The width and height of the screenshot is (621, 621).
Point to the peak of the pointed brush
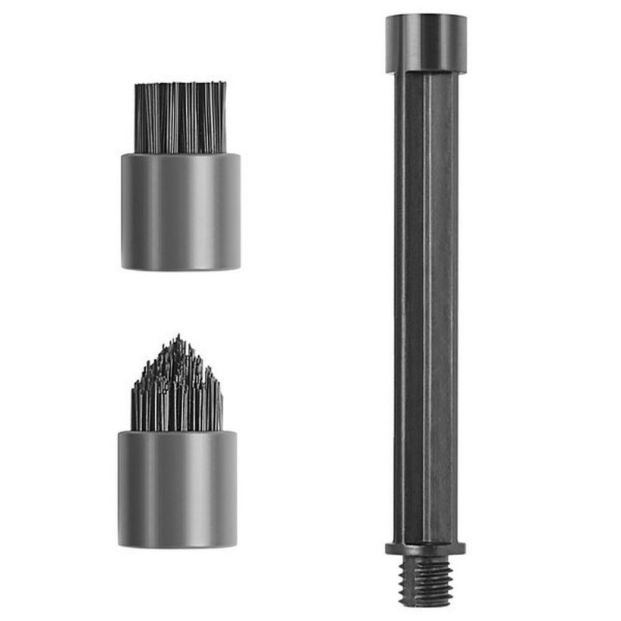click(177, 338)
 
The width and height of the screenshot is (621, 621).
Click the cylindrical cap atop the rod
click(425, 43)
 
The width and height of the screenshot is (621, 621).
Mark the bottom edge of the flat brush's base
click(181, 268)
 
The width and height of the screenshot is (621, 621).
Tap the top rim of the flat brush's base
click(181, 154)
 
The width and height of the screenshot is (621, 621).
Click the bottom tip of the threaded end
click(425, 604)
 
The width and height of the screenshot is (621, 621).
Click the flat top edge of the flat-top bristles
click(181, 83)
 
